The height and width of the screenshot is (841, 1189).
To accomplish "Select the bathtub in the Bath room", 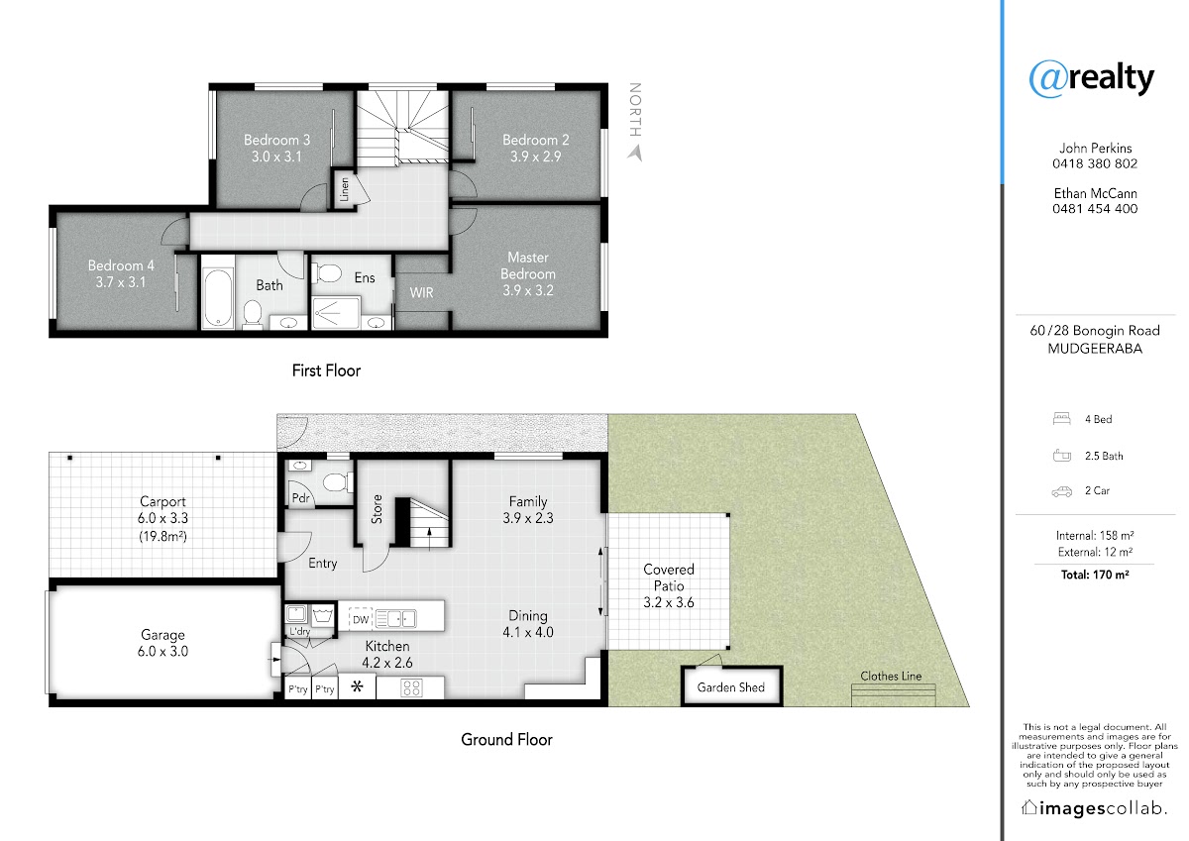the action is coord(218,297).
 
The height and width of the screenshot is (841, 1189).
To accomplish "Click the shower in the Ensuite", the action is coord(336,313).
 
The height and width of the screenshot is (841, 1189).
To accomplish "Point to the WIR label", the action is coord(421,292).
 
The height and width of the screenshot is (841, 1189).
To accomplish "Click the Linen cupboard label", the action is coord(345,189).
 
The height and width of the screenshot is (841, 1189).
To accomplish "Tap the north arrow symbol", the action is coord(635,154).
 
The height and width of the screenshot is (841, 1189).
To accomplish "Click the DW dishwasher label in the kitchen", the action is coord(361,620).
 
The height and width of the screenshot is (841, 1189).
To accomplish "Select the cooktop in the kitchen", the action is coord(411,688).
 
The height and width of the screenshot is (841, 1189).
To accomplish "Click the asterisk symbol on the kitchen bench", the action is coord(358,686).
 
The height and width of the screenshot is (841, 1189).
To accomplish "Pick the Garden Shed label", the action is coord(731,687).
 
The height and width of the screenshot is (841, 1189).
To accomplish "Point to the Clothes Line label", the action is coord(891,676).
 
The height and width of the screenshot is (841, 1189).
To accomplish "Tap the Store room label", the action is coord(377,509).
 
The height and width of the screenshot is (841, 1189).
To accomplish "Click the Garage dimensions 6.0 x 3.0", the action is coord(162,652).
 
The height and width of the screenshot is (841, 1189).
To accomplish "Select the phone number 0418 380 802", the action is coord(1095,164).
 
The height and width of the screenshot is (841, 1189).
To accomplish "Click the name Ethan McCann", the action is coord(1095,193).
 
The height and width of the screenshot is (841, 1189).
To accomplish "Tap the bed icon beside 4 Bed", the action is coord(1061,419).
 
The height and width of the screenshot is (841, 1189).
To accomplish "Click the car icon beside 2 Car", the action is coord(1061,492).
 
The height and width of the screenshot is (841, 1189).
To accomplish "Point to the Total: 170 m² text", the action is coord(1095,575).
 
